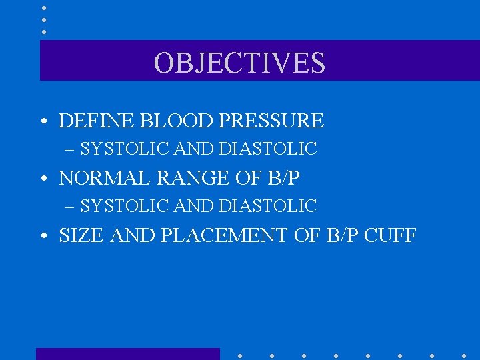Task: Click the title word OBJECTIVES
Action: (x=239, y=63)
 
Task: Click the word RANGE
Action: (x=181, y=178)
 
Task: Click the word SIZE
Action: (x=79, y=235)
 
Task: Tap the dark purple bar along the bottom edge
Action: (x=127, y=354)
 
